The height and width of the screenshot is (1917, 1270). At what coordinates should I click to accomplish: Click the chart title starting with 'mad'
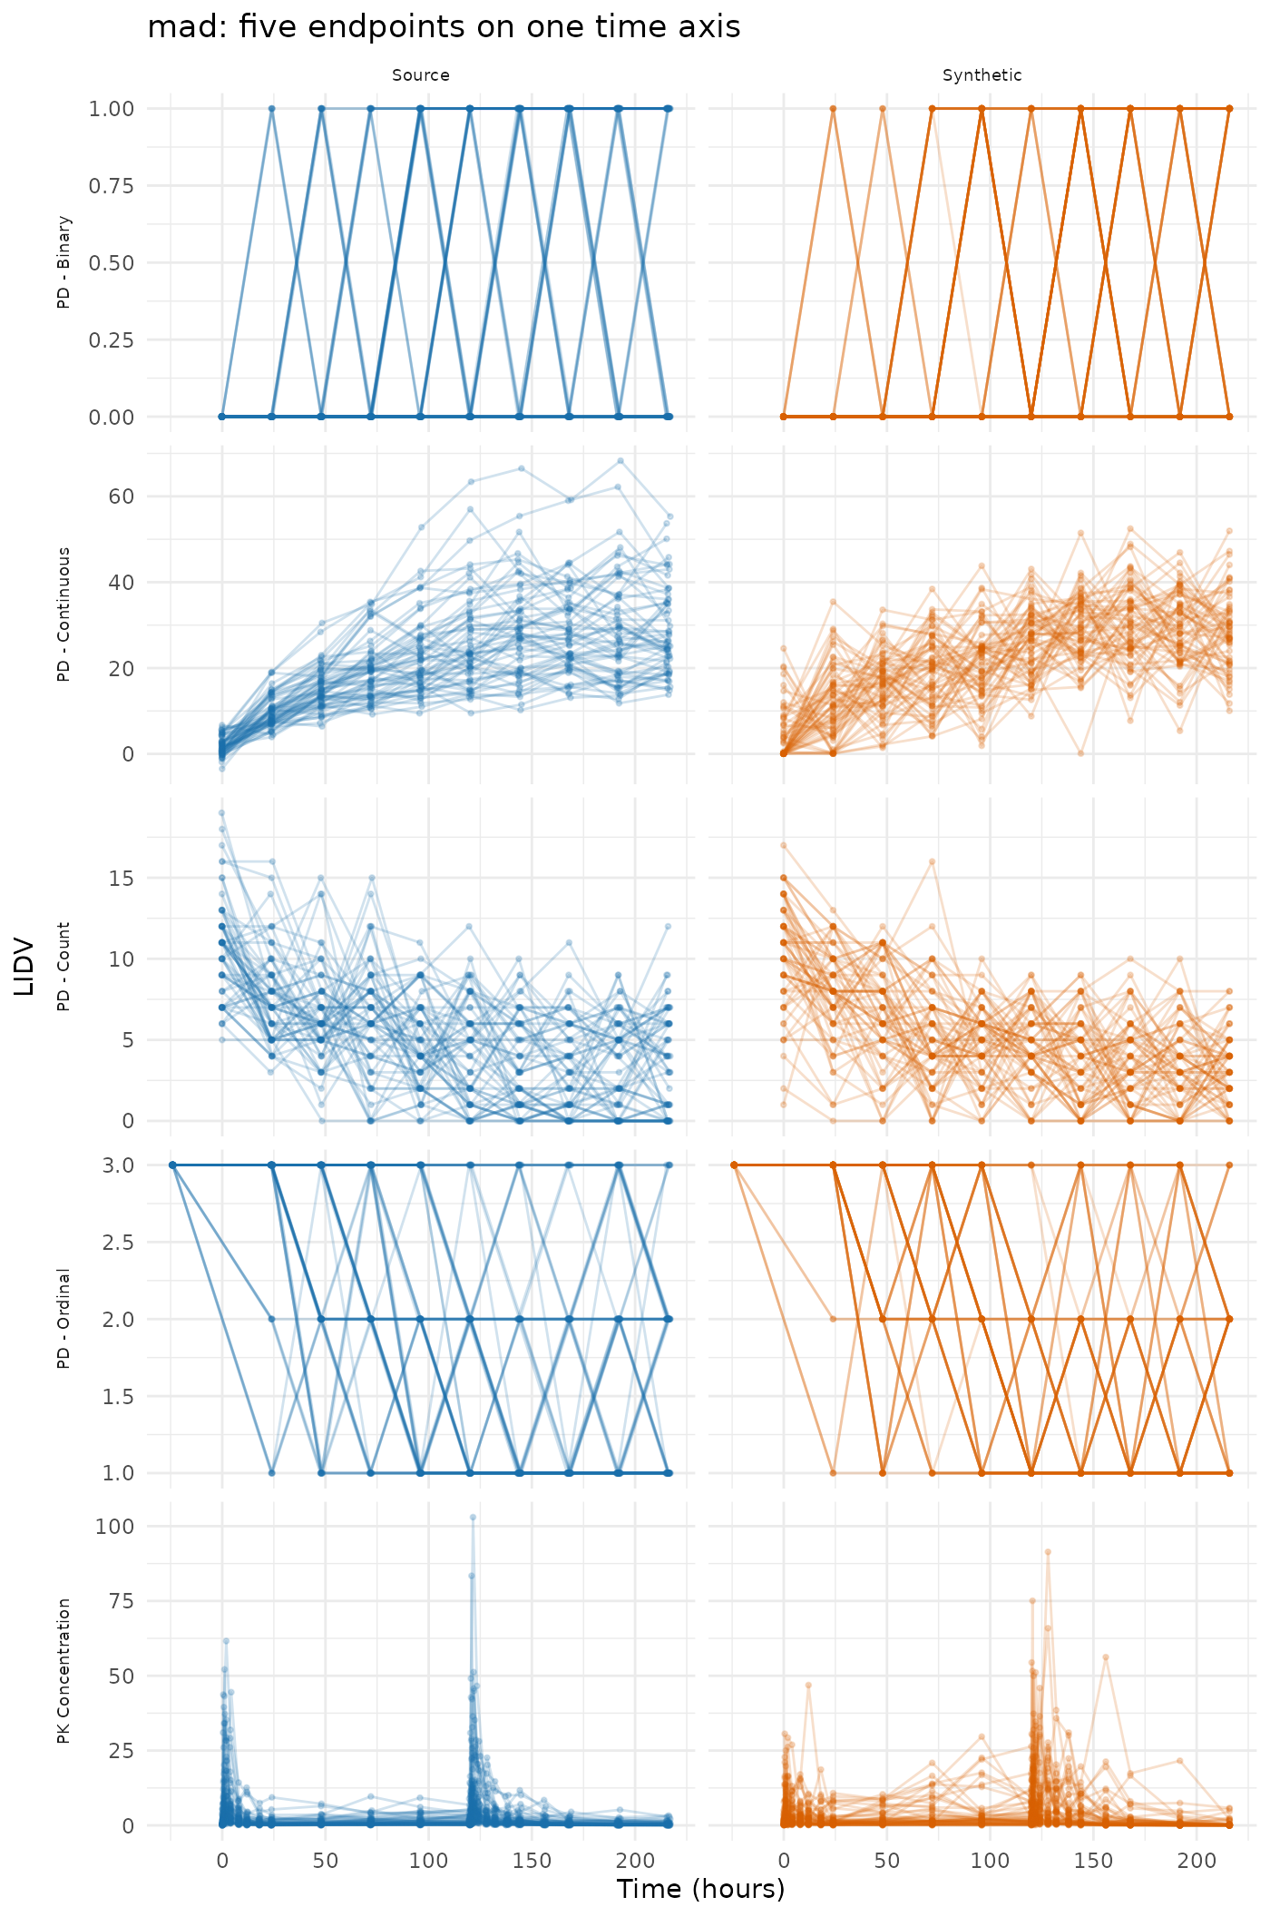coord(444,27)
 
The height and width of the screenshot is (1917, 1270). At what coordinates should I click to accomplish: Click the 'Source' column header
coord(421,75)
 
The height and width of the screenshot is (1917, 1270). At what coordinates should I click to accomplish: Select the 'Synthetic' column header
coord(982,75)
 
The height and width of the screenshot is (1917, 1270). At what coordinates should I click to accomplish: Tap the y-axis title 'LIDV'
coord(24,967)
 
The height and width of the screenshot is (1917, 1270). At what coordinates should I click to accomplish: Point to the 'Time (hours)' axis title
coord(700,1889)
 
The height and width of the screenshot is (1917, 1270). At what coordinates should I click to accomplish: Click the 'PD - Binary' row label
coord(63,262)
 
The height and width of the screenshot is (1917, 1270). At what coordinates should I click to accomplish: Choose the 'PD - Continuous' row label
coord(63,614)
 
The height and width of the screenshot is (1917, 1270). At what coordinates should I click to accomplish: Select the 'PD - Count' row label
coord(63,967)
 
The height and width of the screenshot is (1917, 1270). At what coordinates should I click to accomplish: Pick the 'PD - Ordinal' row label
coord(63,1319)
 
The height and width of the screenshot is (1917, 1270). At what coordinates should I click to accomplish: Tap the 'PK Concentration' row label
coord(63,1671)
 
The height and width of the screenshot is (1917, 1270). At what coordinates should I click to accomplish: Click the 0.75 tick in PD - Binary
coord(111,186)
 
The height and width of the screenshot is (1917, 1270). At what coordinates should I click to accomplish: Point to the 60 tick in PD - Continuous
coord(122,496)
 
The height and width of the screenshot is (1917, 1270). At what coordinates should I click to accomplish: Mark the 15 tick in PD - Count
coord(122,879)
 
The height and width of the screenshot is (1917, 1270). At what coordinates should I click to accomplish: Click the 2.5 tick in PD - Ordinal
coord(117,1242)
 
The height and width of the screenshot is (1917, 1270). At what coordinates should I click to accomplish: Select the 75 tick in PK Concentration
coord(122,1600)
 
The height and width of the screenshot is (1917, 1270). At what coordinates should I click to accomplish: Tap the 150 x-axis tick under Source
coord(532,1860)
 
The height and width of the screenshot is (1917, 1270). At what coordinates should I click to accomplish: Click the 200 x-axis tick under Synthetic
coord(1197,1860)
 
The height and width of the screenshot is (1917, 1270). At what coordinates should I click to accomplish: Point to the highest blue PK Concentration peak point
coord(473,1517)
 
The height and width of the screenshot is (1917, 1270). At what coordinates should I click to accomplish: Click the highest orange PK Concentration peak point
coord(1048,1552)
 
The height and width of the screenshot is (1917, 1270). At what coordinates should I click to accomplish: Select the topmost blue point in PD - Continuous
coord(620,461)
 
